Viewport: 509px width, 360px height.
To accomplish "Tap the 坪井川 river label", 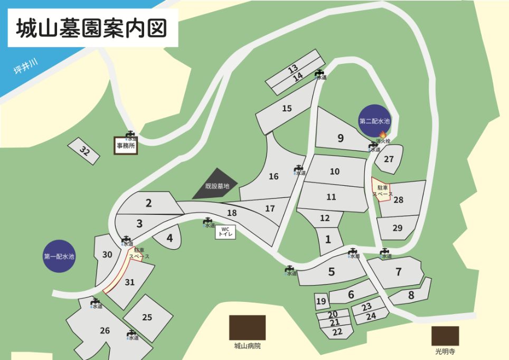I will (26, 67).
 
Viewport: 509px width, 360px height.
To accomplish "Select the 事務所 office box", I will (126, 145).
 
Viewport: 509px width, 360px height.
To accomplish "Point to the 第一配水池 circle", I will (59, 257).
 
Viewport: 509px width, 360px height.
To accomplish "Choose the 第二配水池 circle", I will (374, 121).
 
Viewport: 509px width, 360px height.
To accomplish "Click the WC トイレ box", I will (225, 232).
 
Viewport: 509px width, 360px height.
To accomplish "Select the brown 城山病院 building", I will (247, 327).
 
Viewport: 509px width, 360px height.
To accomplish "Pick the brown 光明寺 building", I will (445, 336).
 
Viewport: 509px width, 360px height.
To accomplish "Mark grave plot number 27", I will (389, 159).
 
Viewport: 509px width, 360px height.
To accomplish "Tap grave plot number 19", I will (321, 301).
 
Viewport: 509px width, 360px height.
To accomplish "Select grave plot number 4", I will (169, 238).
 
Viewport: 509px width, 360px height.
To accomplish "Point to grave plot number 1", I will (328, 239).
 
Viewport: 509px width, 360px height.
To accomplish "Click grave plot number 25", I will (147, 317).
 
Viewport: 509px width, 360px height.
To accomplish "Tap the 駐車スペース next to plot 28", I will (382, 190).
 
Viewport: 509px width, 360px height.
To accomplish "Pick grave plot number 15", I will (287, 109).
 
